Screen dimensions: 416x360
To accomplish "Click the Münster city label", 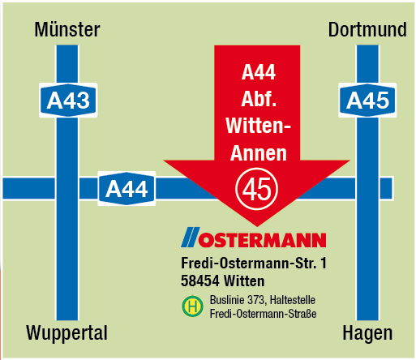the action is point(68,30).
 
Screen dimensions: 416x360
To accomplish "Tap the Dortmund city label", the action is point(367,30).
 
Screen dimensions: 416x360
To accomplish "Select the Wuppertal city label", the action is point(66,332).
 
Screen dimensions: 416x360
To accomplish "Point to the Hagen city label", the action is point(367,332).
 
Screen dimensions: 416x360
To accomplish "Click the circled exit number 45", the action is point(257,189).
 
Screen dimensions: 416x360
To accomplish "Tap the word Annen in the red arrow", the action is point(259,152).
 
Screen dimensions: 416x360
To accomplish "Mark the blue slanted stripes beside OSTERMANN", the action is point(189,238).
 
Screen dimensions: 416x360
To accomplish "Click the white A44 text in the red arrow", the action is point(259,73).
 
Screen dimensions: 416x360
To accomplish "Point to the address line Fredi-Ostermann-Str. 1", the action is point(253,264).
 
